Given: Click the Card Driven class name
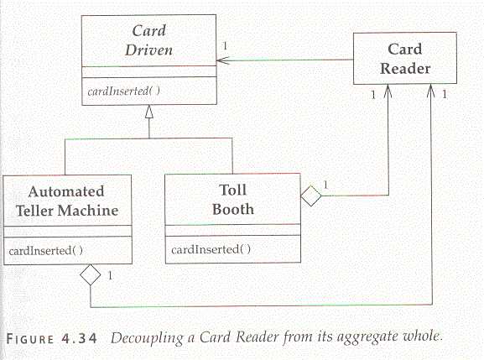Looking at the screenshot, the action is click(148, 40).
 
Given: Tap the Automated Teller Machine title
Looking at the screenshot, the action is click(67, 201).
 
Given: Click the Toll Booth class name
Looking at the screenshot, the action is click(233, 200).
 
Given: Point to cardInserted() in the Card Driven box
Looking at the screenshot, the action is click(124, 91).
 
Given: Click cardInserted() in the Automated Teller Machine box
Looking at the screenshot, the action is click(45, 250).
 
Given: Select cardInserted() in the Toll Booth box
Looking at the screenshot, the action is click(211, 249).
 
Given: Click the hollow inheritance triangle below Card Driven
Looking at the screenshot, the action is click(149, 112).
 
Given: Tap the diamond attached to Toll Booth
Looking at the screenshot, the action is click(311, 196).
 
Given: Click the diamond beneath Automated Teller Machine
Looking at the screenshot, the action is click(90, 274).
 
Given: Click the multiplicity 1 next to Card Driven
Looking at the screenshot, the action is click(225, 46).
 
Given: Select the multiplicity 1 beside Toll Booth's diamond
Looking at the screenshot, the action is click(325, 185).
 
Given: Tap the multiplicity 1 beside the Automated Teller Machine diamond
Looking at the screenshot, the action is click(110, 275).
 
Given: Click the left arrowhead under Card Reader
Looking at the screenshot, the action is click(388, 91).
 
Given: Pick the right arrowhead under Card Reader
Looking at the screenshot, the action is click(430, 91).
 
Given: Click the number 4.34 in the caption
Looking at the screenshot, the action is click(80, 339).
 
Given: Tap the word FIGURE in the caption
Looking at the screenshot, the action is click(30, 339).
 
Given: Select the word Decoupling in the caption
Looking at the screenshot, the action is click(148, 338).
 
